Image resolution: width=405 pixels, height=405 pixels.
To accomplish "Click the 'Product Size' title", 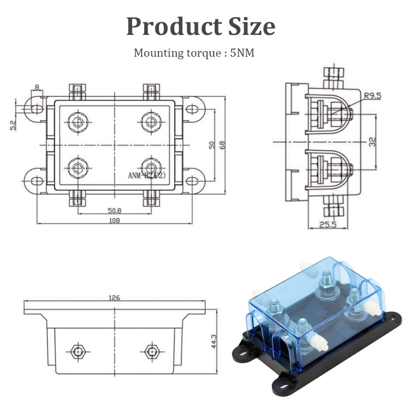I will pyautogui.click(x=200, y=26).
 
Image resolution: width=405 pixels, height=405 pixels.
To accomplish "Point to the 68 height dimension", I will pyautogui.click(x=222, y=145).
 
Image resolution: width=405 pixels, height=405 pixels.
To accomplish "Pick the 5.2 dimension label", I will pyautogui.click(x=13, y=124).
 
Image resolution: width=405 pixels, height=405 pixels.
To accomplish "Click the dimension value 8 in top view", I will pyautogui.click(x=37, y=87).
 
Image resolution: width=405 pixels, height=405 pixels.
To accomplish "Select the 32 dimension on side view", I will pyautogui.click(x=373, y=142).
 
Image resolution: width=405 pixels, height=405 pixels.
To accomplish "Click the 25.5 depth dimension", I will pyautogui.click(x=328, y=224).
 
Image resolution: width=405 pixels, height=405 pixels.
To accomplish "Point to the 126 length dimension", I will pyautogui.click(x=114, y=298).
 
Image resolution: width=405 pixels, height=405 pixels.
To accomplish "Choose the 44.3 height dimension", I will pyautogui.click(x=214, y=341).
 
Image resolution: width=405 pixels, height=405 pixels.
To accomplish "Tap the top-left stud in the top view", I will pyautogui.click(x=77, y=121).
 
